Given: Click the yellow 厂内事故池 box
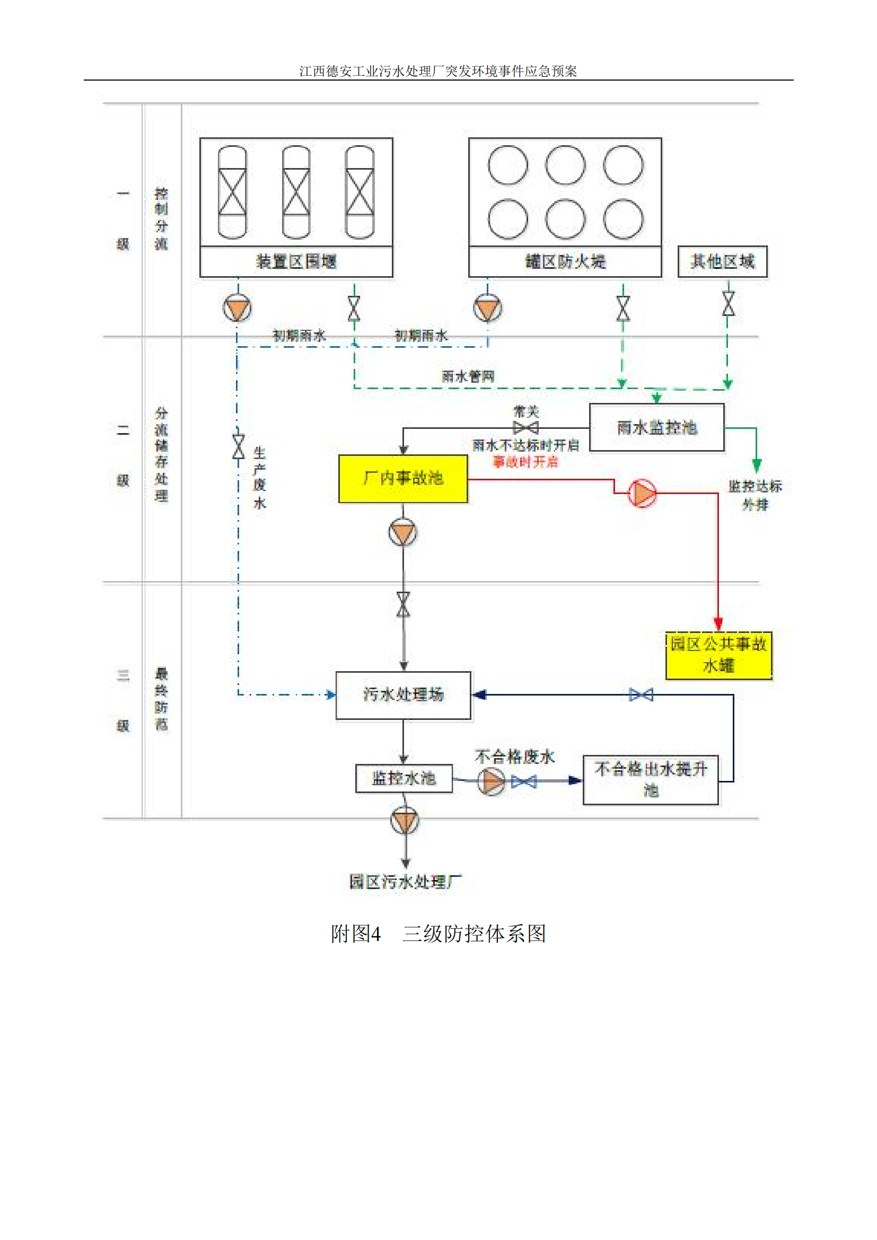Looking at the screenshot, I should point(403,479).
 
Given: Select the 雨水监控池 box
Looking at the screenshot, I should point(656,427).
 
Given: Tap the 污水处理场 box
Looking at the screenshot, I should point(403,694).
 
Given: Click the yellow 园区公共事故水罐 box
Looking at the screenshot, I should point(718,655).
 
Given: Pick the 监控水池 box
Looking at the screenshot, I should point(404,778).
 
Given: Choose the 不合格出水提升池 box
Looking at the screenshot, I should point(650,779).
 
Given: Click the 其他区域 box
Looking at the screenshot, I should point(722,261).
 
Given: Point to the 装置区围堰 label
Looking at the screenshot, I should point(296,262).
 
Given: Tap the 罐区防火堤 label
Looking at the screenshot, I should point(565,262).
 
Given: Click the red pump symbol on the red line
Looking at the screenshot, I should point(642,493).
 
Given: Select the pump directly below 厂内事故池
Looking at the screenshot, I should point(403,532).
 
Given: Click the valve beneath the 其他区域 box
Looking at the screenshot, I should point(728,304).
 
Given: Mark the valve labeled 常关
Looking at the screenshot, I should point(525,428).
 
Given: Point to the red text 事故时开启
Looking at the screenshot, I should point(525,462).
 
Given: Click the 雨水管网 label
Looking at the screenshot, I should point(468,376).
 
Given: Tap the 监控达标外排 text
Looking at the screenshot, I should point(755,495).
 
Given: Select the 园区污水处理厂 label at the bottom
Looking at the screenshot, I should point(405,882).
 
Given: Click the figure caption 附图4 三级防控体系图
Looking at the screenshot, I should point(438,934).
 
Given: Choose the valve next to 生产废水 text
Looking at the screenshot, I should point(238,446).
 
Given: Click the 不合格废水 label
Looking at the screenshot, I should point(514,757).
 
